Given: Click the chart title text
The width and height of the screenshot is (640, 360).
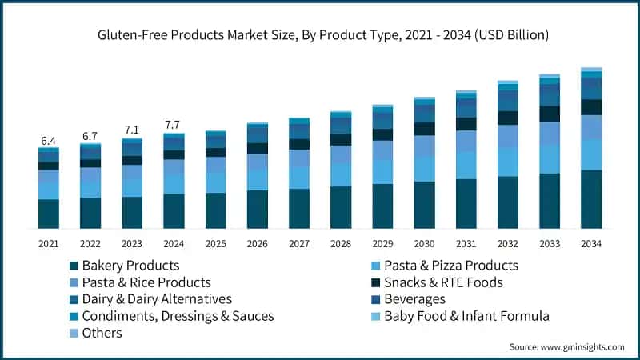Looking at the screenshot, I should click(320, 34).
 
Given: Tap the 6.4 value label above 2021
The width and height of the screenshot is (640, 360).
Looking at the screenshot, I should click(49, 141).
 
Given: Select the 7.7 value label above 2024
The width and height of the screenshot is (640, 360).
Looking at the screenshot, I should click(174, 125).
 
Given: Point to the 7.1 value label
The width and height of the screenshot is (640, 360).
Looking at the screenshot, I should click(132, 130).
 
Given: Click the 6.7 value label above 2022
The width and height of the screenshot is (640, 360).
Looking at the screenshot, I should click(90, 136).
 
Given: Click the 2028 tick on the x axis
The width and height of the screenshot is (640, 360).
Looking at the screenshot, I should click(341, 243).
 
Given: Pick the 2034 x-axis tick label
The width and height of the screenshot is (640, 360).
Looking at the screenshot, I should click(591, 243).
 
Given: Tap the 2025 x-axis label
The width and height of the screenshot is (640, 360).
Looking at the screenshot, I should click(215, 243).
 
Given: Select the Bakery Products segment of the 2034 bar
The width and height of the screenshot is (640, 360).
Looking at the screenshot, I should click(591, 199).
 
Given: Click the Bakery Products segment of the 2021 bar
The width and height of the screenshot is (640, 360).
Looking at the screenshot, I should click(49, 214).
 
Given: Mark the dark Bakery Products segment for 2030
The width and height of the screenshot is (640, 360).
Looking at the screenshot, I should click(424, 205).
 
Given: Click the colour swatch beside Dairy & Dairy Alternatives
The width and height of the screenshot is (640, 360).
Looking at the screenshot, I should click(74, 299).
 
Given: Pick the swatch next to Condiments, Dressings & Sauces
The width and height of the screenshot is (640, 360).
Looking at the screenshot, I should click(74, 316).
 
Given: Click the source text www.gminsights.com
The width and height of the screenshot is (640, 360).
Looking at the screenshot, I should click(566, 346).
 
